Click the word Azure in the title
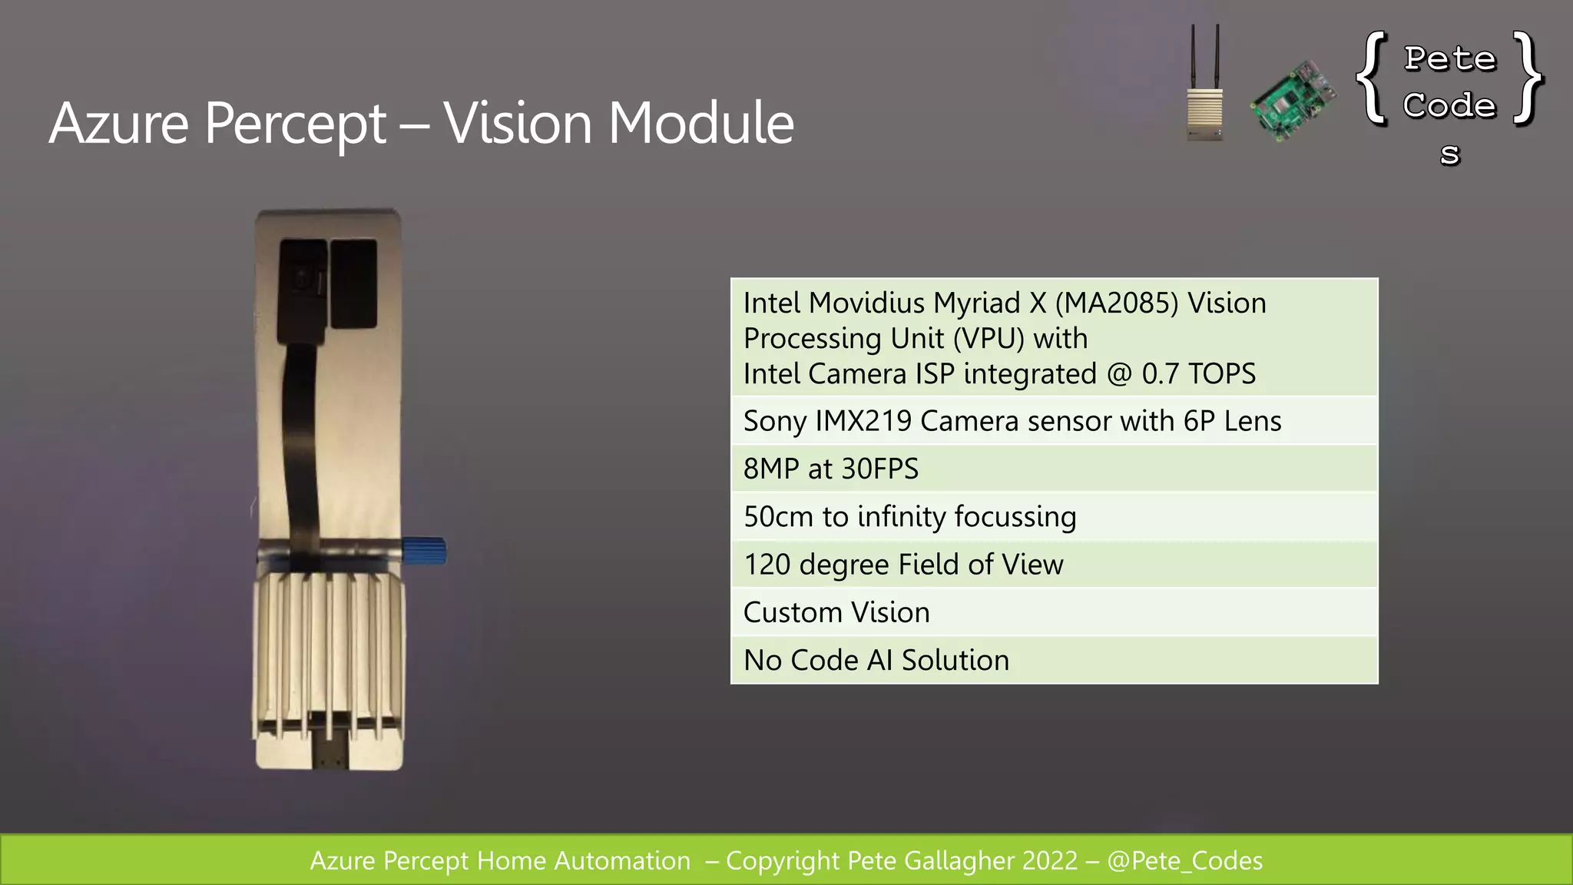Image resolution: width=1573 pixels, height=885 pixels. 119,123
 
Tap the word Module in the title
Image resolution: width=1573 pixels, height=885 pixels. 700,123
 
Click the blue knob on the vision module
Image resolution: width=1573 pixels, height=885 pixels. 426,551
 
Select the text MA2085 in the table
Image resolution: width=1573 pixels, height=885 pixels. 1117,303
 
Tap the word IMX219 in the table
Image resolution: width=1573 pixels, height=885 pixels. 863,421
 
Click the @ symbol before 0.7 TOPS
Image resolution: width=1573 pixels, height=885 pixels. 1119,374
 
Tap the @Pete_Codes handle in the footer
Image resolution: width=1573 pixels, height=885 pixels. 1184,860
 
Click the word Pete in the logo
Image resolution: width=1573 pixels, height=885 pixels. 1450,59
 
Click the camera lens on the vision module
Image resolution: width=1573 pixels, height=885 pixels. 305,280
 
